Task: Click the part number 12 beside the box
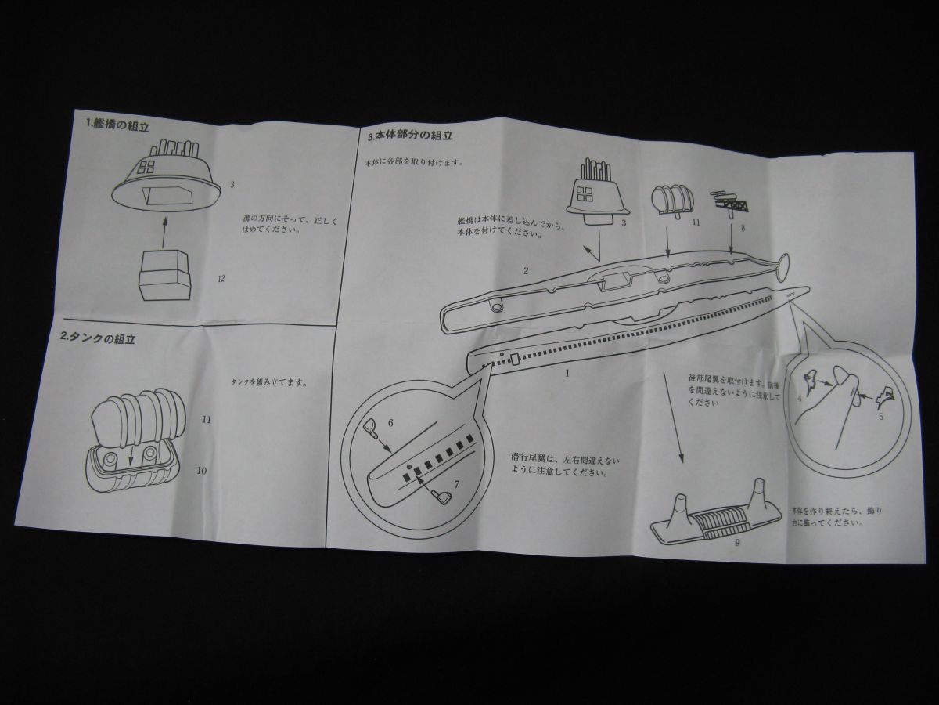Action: coord(221,278)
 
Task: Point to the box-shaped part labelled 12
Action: coord(164,275)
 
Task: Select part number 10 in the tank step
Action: coord(202,471)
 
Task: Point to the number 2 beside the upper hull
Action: coord(527,271)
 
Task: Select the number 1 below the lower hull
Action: coord(567,373)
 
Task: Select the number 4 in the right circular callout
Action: coord(799,398)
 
